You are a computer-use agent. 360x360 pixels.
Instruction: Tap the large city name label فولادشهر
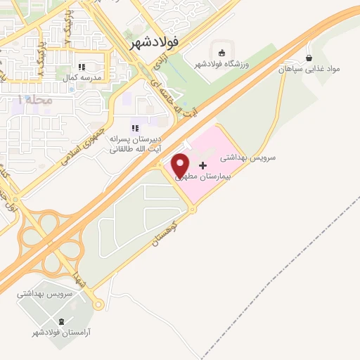[155, 42]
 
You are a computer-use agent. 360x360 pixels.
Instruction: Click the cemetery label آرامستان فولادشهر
[60, 331]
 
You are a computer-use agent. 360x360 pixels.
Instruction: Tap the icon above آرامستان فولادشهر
[61, 321]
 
